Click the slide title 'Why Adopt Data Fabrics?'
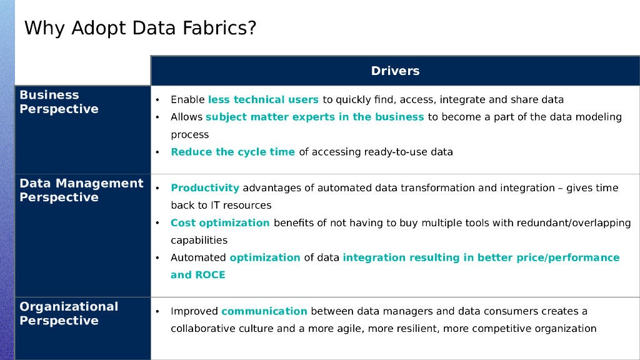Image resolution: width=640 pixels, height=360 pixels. [x=140, y=28]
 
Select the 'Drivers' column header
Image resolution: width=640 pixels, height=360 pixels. [x=395, y=71]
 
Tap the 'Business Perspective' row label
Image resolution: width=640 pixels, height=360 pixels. [x=59, y=102]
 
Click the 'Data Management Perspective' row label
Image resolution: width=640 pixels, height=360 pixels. [x=81, y=190]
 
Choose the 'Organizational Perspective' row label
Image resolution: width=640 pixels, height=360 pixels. [x=69, y=313]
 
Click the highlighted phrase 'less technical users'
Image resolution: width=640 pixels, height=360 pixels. [x=263, y=99]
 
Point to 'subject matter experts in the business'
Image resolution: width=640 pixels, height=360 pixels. [x=314, y=117]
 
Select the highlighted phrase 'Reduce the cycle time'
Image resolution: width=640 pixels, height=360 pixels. [x=232, y=152]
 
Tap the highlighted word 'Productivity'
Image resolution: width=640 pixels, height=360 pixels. [x=205, y=188]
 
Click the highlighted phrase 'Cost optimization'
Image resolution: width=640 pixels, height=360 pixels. [x=220, y=223]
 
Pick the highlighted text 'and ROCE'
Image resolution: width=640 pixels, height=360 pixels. [x=197, y=275]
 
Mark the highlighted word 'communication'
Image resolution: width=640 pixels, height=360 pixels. [x=264, y=311]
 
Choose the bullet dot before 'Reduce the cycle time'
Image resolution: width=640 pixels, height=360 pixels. [x=158, y=152]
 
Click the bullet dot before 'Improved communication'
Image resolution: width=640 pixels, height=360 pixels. [x=158, y=311]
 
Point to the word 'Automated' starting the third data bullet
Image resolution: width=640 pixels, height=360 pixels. [x=198, y=257]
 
